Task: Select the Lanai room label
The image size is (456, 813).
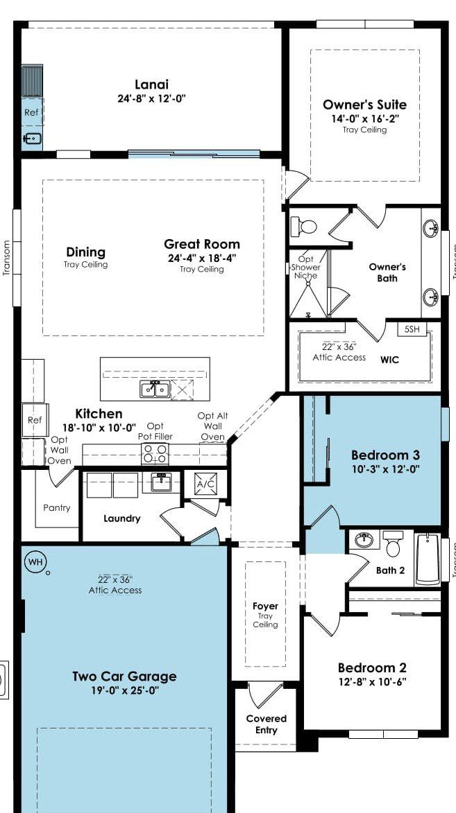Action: pyautogui.click(x=152, y=85)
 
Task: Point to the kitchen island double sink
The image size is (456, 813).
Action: pyautogui.click(x=155, y=389)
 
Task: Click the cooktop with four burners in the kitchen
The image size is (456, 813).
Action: pyautogui.click(x=155, y=454)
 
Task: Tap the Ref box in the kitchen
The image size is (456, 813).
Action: pyautogui.click(x=35, y=420)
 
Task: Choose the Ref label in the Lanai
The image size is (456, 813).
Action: pyautogui.click(x=31, y=112)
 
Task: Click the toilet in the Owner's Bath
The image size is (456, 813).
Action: pyautogui.click(x=304, y=227)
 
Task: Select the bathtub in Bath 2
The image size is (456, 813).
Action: pyautogui.click(x=428, y=559)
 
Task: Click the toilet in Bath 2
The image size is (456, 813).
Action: pyautogui.click(x=393, y=543)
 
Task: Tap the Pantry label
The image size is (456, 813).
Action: pyautogui.click(x=57, y=508)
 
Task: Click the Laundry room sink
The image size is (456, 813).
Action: pyautogui.click(x=161, y=482)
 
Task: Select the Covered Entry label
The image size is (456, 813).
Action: pyautogui.click(x=266, y=724)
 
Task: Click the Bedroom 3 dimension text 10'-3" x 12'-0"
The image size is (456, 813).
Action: pyautogui.click(x=385, y=469)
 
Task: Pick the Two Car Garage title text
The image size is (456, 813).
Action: pyautogui.click(x=124, y=676)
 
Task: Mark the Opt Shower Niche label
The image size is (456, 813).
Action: pyautogui.click(x=305, y=267)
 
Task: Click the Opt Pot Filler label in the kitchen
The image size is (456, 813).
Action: pyautogui.click(x=155, y=431)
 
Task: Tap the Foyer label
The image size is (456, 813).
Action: pyautogui.click(x=265, y=606)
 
